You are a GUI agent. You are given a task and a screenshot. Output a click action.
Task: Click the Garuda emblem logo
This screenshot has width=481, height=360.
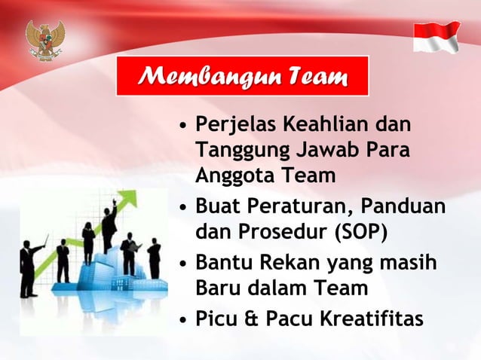45,38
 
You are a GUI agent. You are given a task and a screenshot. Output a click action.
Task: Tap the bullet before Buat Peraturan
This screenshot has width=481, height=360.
183,206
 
